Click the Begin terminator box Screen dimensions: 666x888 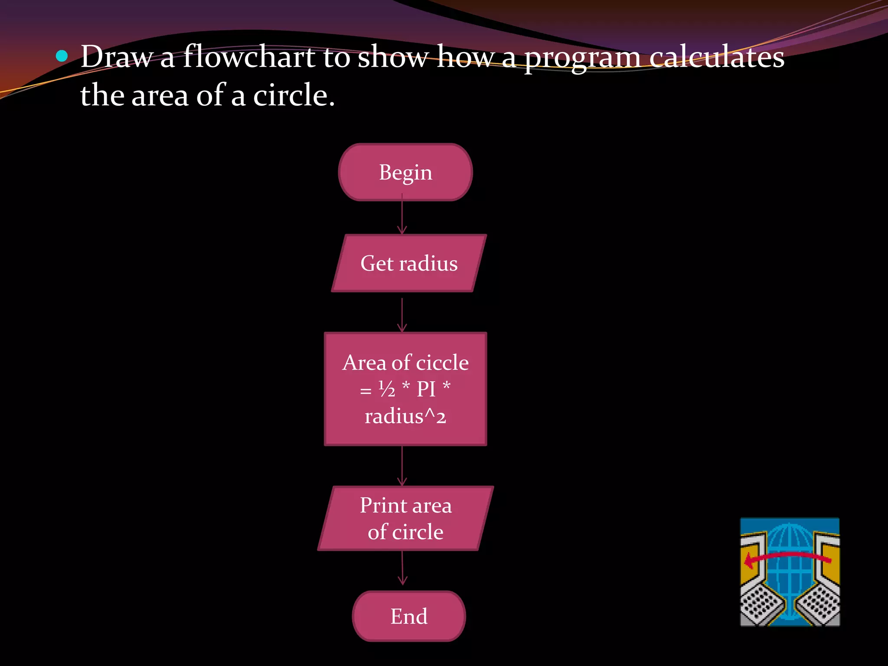[405, 172]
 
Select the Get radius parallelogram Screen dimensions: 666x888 [408, 263]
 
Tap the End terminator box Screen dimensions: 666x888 [408, 616]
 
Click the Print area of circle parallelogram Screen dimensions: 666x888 [405, 519]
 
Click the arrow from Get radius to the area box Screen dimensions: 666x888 [402, 315]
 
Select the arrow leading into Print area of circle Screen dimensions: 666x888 [402, 466]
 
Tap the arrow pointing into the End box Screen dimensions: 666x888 [402, 568]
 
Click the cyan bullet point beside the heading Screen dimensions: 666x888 [62, 56]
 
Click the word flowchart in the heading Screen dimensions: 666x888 [249, 57]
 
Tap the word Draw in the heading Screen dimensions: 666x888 [117, 57]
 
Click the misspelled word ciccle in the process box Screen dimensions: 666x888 [442, 362]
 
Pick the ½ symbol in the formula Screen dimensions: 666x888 [387, 389]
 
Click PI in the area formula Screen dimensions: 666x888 [426, 389]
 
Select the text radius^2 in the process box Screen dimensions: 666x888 [405, 416]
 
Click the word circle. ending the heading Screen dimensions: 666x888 [294, 95]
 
